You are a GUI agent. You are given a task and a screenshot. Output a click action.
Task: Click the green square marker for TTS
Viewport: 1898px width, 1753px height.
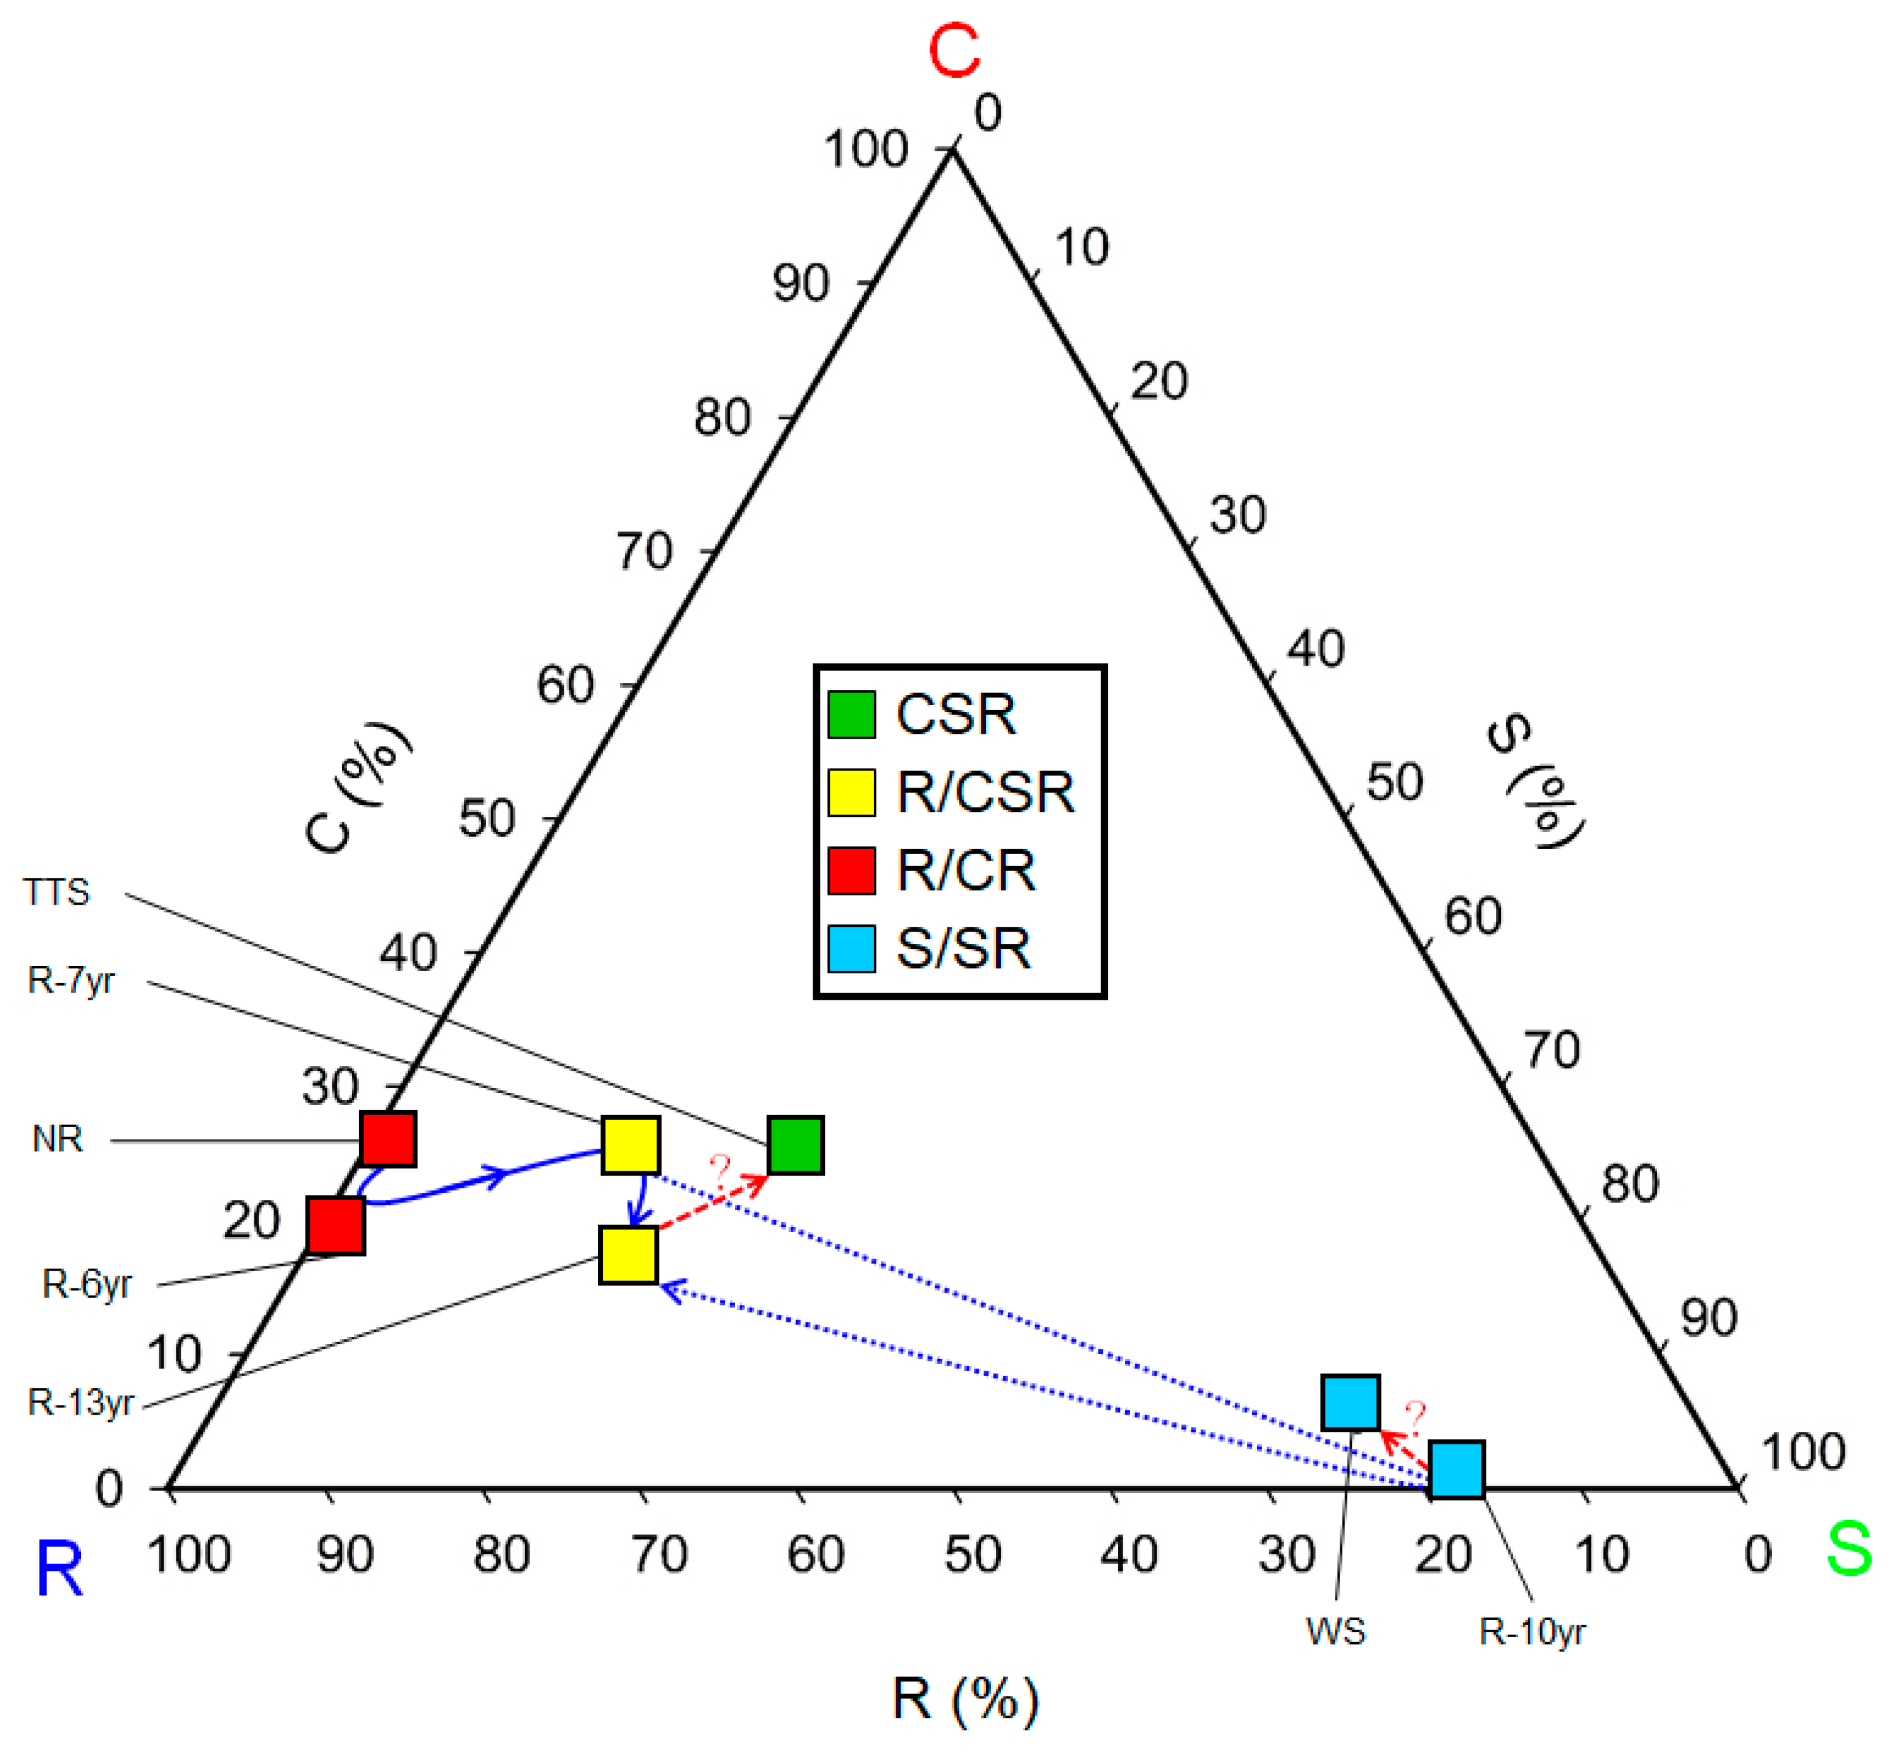(795, 1145)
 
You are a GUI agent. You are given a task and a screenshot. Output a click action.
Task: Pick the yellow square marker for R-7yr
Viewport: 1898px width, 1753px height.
(631, 1145)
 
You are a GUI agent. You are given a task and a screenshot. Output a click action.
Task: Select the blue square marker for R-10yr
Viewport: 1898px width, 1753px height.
(1456, 1469)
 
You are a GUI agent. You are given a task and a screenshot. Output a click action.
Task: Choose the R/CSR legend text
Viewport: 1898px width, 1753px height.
(985, 792)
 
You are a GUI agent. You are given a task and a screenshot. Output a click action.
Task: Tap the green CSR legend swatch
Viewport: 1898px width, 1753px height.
(851, 714)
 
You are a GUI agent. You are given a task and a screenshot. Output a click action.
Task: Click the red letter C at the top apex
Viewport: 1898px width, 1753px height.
(953, 51)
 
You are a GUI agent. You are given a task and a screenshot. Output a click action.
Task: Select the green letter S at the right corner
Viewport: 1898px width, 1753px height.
(1849, 1549)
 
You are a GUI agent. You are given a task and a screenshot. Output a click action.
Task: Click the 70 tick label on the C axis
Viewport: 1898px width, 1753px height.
(644, 551)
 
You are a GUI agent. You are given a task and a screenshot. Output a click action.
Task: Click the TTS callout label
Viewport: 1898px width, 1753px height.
(57, 892)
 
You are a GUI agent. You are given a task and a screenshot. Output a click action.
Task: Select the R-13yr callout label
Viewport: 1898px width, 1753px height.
(81, 1402)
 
